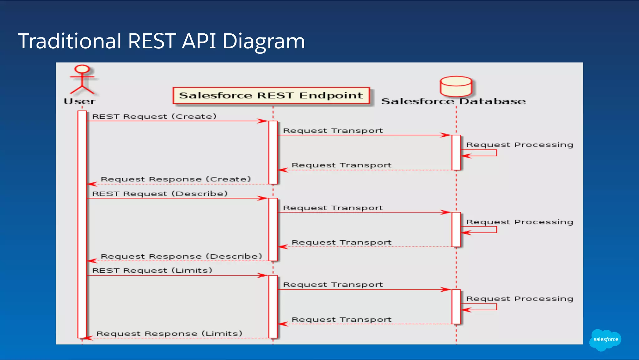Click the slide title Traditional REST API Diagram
click(x=161, y=41)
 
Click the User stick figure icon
click(x=82, y=80)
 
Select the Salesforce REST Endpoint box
click(x=271, y=96)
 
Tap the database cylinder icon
click(x=456, y=86)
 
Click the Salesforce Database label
click(x=453, y=101)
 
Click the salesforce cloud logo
click(x=605, y=339)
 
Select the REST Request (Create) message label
click(x=154, y=116)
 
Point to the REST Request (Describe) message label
click(x=160, y=194)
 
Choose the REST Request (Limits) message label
click(x=152, y=270)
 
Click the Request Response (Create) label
click(x=176, y=179)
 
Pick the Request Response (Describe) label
click(x=181, y=256)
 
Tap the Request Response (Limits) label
click(x=169, y=333)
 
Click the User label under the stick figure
click(x=80, y=101)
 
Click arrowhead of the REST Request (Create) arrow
click(x=263, y=121)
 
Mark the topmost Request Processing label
click(x=519, y=145)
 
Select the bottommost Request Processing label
click(x=519, y=299)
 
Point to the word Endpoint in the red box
click(x=331, y=96)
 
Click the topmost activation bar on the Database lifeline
click(x=456, y=152)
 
